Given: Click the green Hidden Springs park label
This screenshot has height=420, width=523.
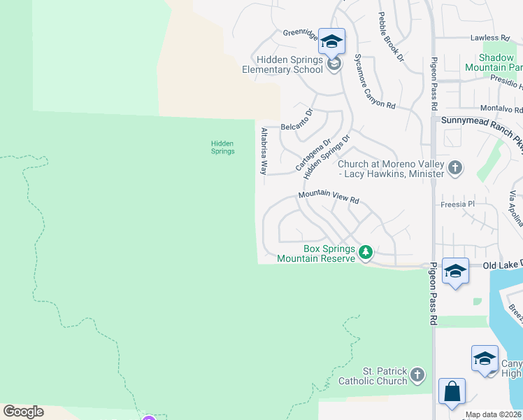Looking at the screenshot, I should click(222, 147).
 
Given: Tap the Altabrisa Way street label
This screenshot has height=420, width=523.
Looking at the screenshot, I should click(264, 150).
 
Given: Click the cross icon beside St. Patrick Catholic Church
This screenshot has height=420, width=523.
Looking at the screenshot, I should click(417, 375).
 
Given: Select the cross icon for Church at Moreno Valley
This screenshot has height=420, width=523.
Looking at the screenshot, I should click(455, 168).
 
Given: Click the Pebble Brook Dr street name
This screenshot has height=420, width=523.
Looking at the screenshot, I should click(390, 36).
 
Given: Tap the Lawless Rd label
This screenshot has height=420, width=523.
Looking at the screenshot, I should click(489, 38).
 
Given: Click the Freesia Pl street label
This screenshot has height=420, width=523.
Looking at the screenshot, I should click(458, 204).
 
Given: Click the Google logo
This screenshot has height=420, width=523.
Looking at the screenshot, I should click(23, 412).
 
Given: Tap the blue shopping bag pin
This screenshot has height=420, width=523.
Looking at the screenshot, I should click(452, 391).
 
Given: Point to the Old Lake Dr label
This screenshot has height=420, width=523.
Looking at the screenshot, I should click(502, 266).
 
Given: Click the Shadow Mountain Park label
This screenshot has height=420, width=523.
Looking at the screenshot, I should click(499, 63).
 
